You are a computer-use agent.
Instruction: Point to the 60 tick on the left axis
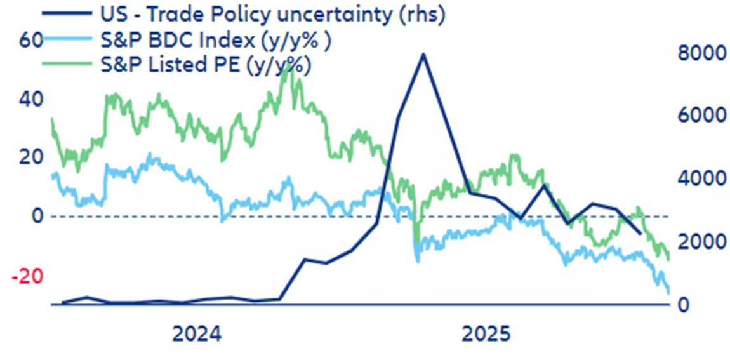click(30, 40)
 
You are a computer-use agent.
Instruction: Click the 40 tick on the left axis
click(30, 99)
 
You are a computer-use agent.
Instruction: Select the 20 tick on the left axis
click(30, 157)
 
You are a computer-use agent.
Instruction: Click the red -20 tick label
click(27, 276)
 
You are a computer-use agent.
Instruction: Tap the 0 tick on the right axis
click(684, 305)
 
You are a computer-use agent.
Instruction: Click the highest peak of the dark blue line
click(423, 55)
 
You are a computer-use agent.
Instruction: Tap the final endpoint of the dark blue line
click(640, 234)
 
